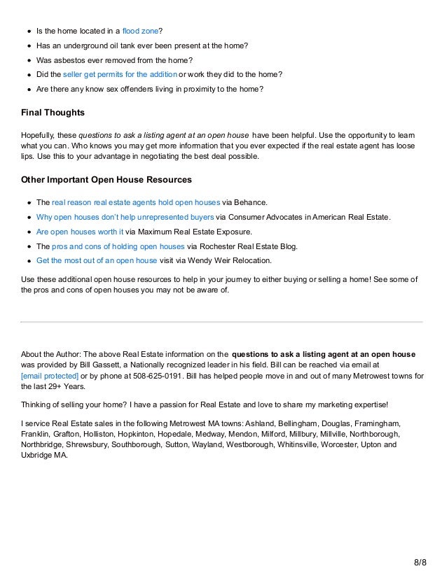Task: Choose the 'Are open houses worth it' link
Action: click(79, 232)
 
